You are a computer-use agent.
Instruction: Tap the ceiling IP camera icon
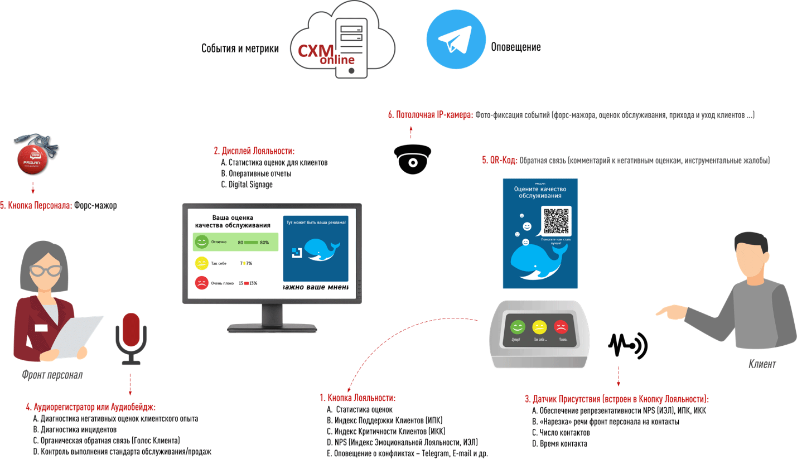point(412,159)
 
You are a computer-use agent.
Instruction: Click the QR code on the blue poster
point(556,220)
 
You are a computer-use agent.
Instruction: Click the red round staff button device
point(32,158)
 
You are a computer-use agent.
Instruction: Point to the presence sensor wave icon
point(627,346)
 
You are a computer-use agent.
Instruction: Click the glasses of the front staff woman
point(46,270)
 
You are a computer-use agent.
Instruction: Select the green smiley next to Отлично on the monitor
point(201,243)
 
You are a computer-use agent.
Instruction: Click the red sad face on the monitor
point(201,283)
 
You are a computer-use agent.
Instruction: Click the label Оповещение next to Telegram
point(515,47)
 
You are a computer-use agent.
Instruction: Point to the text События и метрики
point(240,49)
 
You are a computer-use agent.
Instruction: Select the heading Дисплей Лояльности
point(254,151)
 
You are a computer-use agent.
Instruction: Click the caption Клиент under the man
point(762,364)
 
